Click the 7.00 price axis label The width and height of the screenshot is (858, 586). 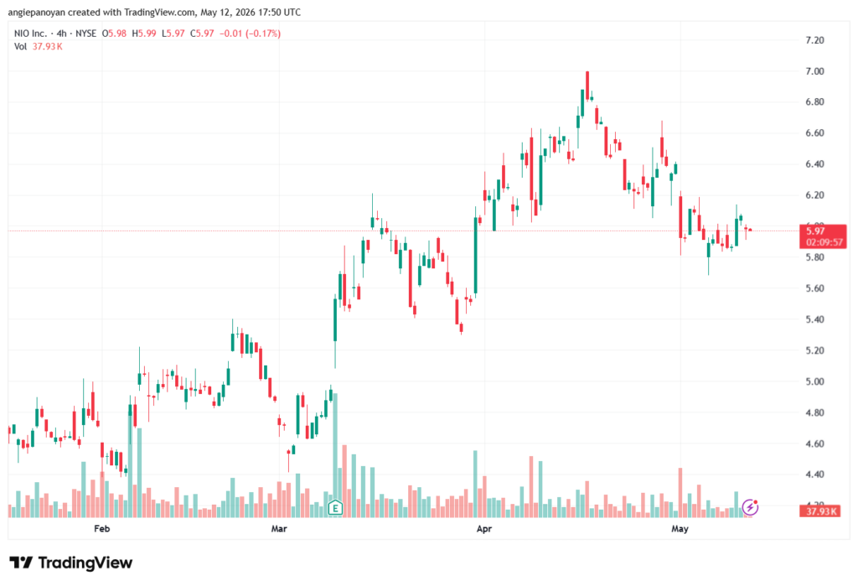(814, 71)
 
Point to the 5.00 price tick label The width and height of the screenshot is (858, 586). (814, 381)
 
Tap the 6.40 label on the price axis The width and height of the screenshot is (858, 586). (814, 163)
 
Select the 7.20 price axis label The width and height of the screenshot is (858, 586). (814, 40)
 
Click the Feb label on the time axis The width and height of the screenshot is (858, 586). (101, 528)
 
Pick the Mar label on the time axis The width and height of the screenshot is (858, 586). (279, 528)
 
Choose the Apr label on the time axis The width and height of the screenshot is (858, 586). (483, 528)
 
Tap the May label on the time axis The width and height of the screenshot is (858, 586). (680, 528)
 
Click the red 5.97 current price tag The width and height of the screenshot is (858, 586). (823, 236)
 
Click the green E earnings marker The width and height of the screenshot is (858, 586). (335, 508)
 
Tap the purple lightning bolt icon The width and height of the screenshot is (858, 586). (750, 508)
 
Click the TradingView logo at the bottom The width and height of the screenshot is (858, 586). (71, 563)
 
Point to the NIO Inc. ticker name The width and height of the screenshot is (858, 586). (31, 34)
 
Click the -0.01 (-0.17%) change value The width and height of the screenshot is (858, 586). (250, 34)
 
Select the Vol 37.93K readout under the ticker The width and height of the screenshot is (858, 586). (39, 47)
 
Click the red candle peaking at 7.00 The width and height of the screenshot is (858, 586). (587, 86)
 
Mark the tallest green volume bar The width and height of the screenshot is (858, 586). (335, 455)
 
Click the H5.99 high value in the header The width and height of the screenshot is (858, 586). (144, 34)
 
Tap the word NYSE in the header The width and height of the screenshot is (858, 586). (86, 34)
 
